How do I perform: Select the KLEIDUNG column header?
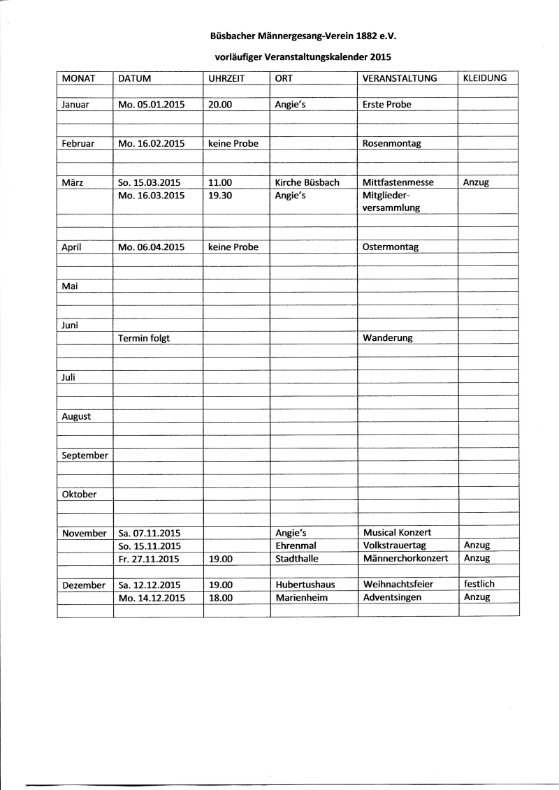(484, 78)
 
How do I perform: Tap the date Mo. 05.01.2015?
(152, 104)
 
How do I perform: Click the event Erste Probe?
(387, 104)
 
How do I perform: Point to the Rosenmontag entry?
(392, 143)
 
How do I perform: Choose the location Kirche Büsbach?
(307, 182)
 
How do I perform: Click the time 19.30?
(220, 196)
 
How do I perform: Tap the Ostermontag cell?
(391, 247)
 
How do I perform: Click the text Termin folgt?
(145, 338)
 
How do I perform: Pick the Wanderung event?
(388, 338)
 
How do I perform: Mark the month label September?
(85, 455)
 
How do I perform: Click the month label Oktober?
(79, 494)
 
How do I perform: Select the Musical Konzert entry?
(397, 532)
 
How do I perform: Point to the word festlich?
(479, 583)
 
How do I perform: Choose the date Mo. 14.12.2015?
(151, 597)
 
